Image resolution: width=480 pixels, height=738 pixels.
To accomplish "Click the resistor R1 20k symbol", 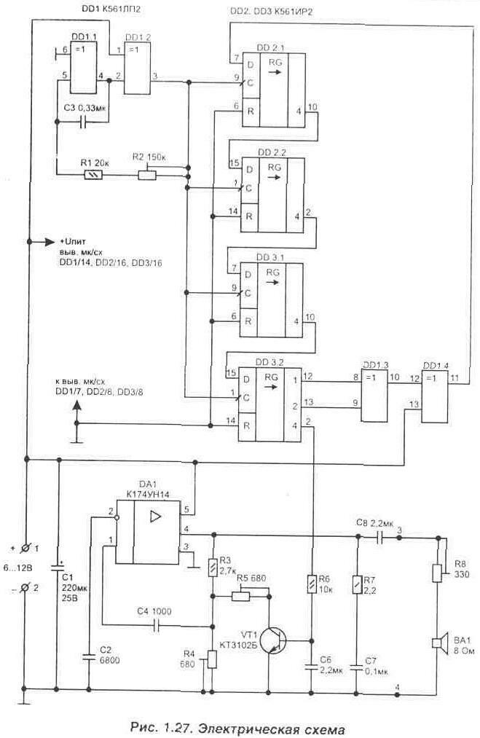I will [93, 176].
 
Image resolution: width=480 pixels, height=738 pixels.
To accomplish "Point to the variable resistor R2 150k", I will [147, 175].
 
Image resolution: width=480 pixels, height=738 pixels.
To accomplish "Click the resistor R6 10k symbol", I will [312, 582].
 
